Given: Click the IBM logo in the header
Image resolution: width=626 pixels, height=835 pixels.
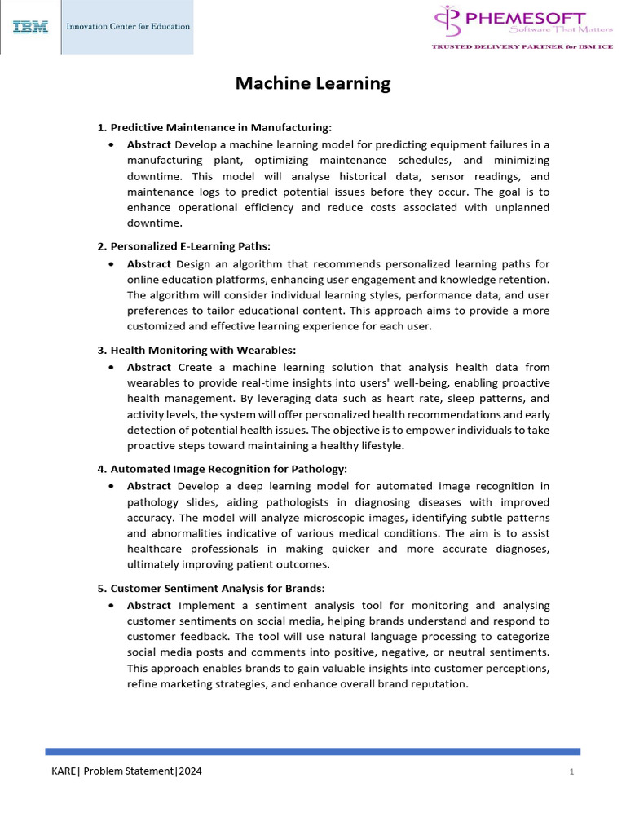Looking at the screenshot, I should pos(30,27).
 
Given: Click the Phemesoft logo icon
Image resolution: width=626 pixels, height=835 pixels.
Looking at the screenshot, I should pos(447,21).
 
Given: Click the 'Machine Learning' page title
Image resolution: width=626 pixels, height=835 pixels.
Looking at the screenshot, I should pos(313,83).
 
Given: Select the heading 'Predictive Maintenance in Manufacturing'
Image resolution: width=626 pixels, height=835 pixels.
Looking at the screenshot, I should pos(221,127).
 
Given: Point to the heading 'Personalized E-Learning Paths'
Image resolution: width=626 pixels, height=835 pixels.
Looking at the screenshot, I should pos(190,245).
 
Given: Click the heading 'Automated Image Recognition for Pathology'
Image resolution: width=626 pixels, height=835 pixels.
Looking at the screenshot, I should pos(228,468).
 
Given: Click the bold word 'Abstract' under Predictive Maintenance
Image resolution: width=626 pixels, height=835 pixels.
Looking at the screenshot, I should pos(148,144).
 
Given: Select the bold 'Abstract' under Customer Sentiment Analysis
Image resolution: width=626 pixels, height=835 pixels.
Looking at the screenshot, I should pos(148,605).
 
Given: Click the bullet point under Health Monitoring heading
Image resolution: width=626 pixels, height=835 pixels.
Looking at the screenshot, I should pos(111,368).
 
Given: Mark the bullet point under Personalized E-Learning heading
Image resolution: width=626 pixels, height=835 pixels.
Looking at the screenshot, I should pos(111,264).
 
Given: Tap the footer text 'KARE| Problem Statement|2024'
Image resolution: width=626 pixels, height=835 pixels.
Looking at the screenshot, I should pos(126,771).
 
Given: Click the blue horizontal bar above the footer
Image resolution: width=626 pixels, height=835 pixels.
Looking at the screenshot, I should pos(313,751).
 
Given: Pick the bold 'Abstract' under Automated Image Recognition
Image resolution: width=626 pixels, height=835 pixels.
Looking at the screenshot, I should pos(148,486).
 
